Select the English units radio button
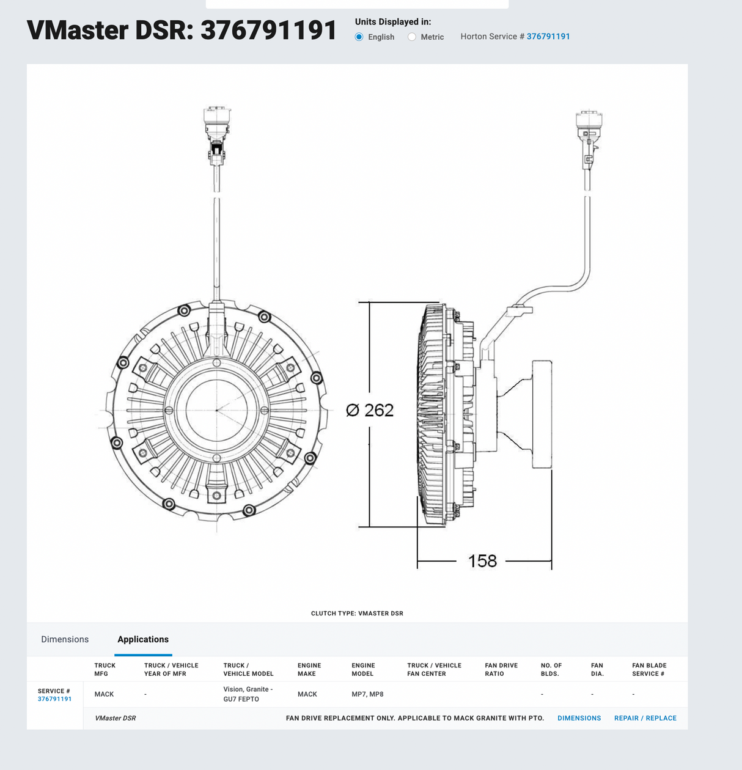click(359, 37)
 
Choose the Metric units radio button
click(412, 37)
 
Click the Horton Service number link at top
click(548, 37)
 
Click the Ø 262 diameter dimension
click(370, 410)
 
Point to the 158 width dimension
click(482, 561)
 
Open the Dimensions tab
click(65, 639)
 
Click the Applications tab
click(143, 639)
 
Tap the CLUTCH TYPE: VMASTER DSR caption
click(357, 614)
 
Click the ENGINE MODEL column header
click(363, 670)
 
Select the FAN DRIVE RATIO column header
click(501, 670)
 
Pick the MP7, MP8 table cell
click(367, 694)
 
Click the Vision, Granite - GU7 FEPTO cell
click(248, 694)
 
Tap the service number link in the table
click(54, 699)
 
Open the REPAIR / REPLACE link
click(645, 718)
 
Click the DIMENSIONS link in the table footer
click(579, 718)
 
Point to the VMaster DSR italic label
click(115, 718)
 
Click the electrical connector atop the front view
click(217, 134)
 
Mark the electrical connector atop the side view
click(589, 137)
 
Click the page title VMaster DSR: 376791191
click(182, 31)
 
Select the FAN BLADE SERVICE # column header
click(649, 670)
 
